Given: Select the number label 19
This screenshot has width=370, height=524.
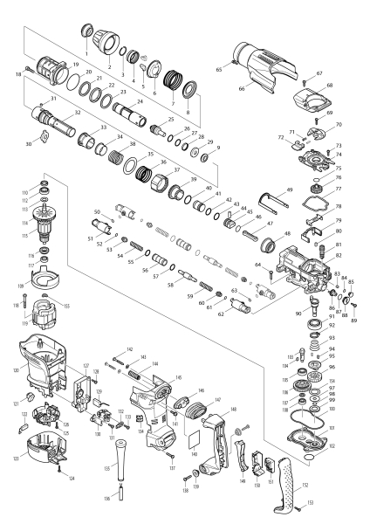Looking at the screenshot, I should point(76,65).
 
